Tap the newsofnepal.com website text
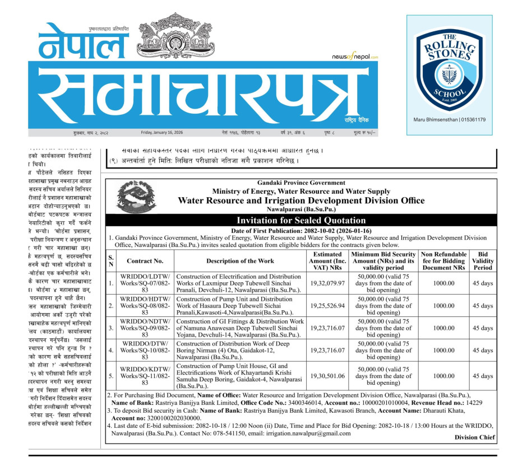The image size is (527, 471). click(354, 57)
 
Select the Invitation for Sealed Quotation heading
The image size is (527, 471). click(301, 220)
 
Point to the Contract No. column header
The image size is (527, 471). click(145, 261)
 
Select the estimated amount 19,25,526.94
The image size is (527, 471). click(327, 306)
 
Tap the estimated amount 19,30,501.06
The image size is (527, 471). click(327, 376)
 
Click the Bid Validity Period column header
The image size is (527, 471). click(483, 261)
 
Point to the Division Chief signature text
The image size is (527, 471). click(475, 437)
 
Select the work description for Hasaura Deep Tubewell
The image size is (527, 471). click(240, 306)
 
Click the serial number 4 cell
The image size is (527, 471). click(111, 351)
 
